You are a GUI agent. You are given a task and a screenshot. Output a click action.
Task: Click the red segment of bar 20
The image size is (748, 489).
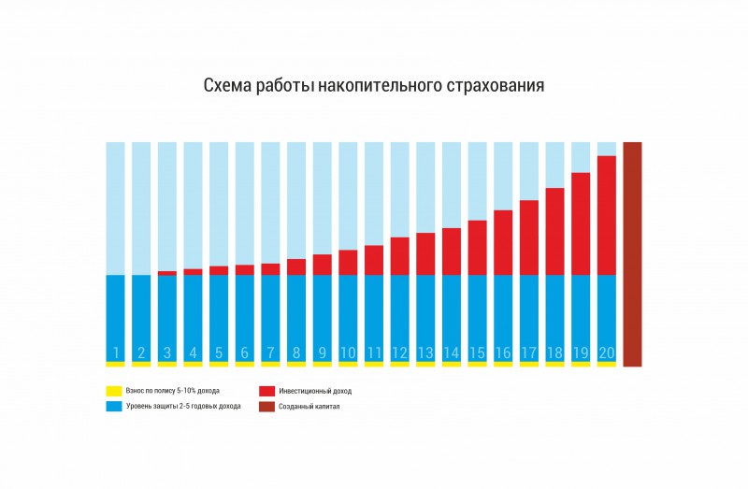tap(606, 215)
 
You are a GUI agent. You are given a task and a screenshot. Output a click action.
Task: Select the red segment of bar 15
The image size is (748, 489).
tap(477, 248)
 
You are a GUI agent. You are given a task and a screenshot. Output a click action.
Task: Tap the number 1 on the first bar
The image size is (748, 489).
tap(115, 353)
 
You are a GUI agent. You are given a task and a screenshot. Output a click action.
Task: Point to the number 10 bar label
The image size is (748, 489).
tap(348, 353)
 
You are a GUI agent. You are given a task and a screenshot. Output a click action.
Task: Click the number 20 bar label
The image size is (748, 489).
tap(606, 353)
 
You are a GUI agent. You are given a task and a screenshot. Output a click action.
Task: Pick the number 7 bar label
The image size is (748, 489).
tap(270, 353)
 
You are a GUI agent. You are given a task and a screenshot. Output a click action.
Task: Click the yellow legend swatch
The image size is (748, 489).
tap(114, 390)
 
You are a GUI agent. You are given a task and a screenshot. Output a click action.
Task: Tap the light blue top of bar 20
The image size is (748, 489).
tap(606, 148)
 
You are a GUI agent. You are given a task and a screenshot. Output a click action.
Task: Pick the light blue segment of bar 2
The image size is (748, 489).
tap(141, 206)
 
